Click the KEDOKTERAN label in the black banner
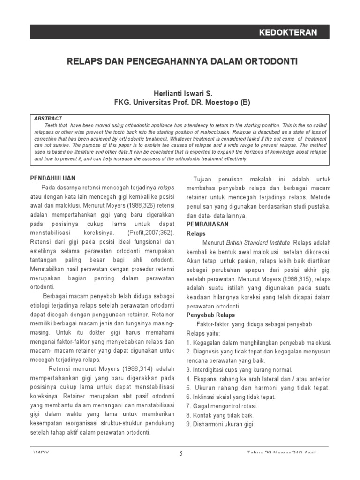tap(288, 32)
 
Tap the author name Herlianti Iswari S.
tap(180, 94)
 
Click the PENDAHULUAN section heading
tap(52, 179)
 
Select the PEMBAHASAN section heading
tap(208, 224)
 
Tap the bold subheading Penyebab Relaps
tap(210, 315)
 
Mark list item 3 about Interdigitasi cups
tap(239, 369)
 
